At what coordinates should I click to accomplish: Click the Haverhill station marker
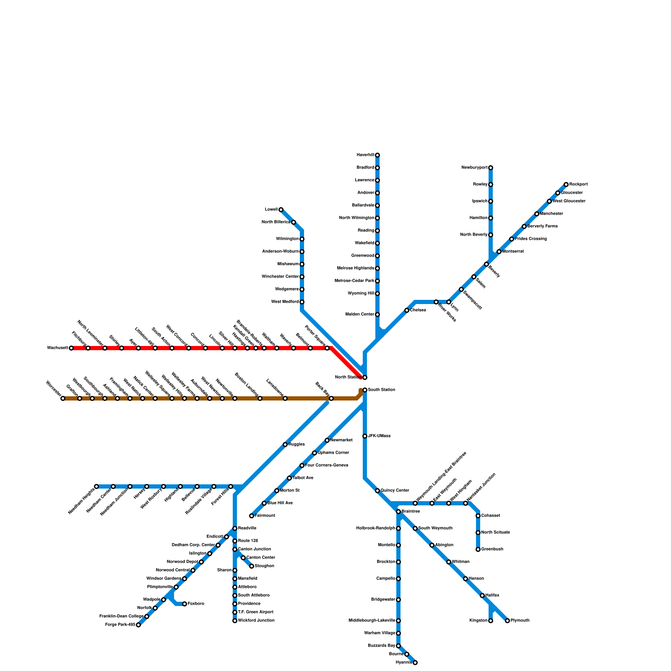click(x=377, y=155)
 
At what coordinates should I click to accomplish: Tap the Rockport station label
click(x=578, y=185)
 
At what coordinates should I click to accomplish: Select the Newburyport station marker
click(x=491, y=168)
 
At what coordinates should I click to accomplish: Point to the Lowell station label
click(x=271, y=210)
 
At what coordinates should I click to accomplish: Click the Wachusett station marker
click(x=71, y=348)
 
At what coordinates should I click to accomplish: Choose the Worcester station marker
click(x=63, y=398)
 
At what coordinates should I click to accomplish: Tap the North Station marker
click(x=365, y=377)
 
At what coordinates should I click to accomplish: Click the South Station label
click(x=381, y=390)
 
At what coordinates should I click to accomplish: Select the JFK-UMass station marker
click(x=365, y=436)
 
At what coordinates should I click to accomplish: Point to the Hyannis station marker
click(x=415, y=663)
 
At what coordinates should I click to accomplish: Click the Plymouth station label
click(x=520, y=621)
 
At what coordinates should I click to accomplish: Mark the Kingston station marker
click(x=491, y=621)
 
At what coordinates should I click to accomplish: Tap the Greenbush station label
click(x=492, y=549)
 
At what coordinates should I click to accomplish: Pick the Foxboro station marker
click(x=185, y=604)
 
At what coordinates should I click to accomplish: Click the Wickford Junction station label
click(x=256, y=621)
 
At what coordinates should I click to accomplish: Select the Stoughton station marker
click(x=252, y=566)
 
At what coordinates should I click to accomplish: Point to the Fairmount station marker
click(x=252, y=516)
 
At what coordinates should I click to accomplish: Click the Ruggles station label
click(x=296, y=445)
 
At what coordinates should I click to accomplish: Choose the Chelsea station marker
click(x=407, y=310)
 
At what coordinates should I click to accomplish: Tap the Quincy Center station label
click(x=395, y=491)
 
